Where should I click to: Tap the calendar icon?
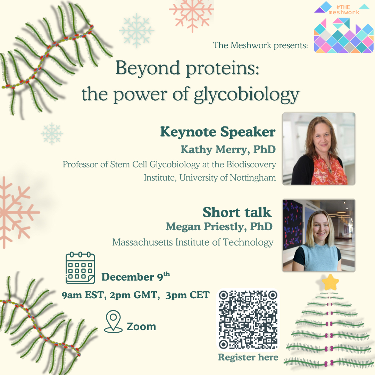tap(80, 268)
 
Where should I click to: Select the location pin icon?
tap(113, 322)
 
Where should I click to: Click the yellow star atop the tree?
tap(330, 282)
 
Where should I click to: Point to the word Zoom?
tap(141, 326)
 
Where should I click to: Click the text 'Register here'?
tap(248, 357)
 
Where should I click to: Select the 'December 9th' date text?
tap(136, 276)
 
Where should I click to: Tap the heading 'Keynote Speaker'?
tap(218, 132)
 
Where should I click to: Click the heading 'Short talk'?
tap(237, 212)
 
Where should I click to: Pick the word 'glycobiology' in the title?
tap(247, 95)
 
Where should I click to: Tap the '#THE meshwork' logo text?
tap(344, 10)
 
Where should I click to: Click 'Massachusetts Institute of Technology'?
tap(193, 242)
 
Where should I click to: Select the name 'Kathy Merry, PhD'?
tap(228, 149)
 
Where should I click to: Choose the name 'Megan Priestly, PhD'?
tap(219, 227)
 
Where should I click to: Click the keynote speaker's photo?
tap(319, 149)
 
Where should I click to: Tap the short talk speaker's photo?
tap(319, 235)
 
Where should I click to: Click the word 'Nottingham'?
tap(253, 178)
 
